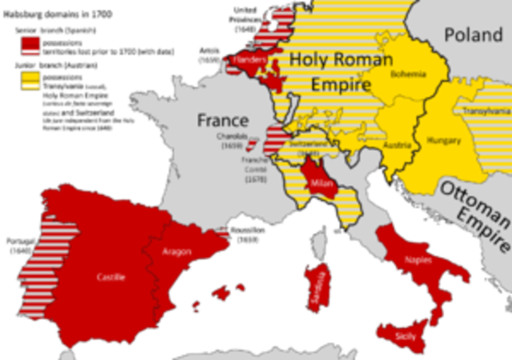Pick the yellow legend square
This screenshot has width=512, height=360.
pos(30,78)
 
